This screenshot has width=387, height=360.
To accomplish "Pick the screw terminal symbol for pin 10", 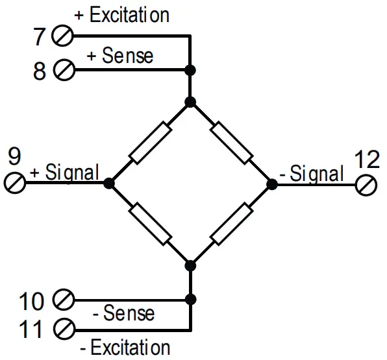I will tap(63, 300).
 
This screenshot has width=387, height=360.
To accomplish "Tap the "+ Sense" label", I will tap(120, 55).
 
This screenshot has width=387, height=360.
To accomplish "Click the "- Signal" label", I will tap(312, 174).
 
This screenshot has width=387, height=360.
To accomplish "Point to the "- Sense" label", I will tap(123, 314).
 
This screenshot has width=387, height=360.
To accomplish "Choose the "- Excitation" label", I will tap(125, 348).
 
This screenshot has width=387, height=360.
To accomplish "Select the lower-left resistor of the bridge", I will tap(150, 224).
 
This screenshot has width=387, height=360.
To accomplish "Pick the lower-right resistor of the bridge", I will tap(232, 224).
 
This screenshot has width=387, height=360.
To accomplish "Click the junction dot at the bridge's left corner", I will tap(109, 184).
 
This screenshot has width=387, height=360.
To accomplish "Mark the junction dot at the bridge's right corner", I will tap(272, 184).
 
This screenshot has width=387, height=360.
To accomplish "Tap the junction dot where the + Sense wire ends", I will tap(190, 69).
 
